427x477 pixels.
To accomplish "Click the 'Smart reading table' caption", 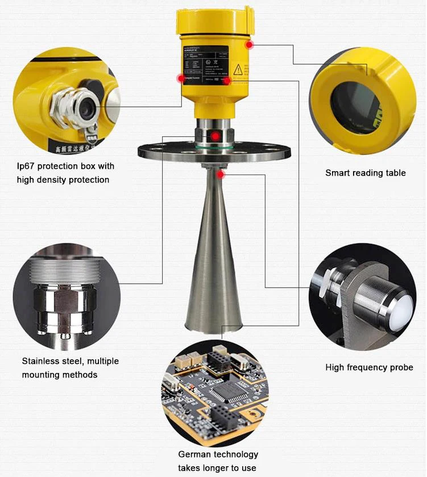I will tap(365, 172).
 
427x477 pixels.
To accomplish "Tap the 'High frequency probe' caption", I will tap(369, 367).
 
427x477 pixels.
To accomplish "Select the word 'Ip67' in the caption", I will tap(26, 166).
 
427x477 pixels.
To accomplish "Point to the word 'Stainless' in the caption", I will tap(42, 361).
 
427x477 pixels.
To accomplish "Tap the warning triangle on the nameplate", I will tap(238, 69).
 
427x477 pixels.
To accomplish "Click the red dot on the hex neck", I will tap(214, 136).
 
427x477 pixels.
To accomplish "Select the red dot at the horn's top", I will tap(221, 175).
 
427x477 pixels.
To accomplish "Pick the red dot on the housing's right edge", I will tap(248, 44).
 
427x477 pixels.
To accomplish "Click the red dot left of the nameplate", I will tap(181, 78).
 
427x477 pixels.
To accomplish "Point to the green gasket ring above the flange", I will tap(214, 147).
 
